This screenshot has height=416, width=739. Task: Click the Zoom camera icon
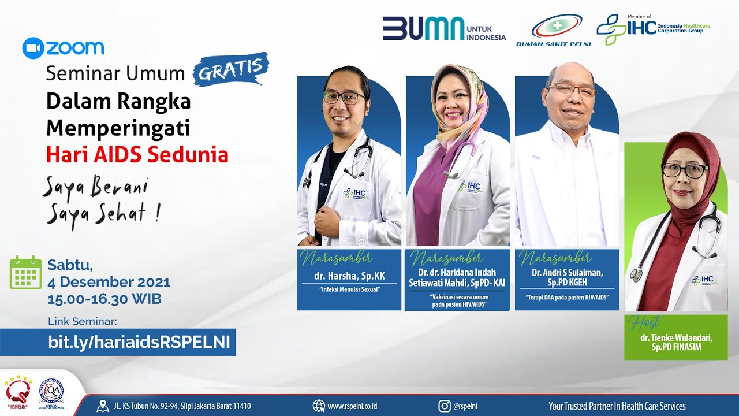32,48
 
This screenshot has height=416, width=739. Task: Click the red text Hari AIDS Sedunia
137,155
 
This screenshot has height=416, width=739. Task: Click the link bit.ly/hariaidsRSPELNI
139,342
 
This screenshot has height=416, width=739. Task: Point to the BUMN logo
424,28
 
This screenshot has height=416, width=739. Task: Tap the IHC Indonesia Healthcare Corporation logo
652,28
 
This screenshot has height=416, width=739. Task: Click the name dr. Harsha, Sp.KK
349,276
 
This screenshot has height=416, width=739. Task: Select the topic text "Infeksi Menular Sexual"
349,289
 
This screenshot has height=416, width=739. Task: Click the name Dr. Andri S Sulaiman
567,273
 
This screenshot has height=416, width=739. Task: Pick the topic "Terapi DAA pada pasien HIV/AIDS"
567,298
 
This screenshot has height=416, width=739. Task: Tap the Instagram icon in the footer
444,406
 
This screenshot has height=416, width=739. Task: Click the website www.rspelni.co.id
352,406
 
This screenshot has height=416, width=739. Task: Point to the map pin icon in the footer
103,406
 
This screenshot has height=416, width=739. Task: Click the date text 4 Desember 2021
109,283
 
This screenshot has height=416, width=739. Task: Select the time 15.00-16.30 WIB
104,299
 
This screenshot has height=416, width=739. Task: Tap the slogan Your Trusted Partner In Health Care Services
617,406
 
